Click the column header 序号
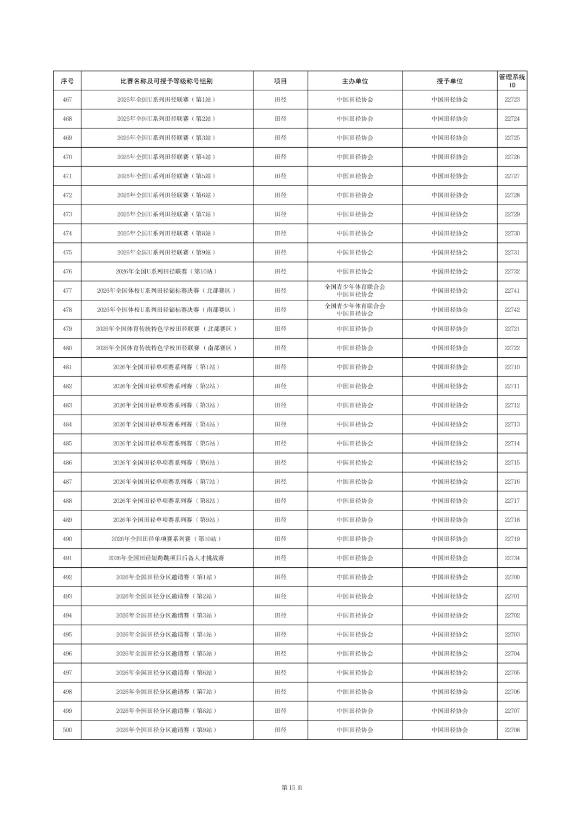click(x=67, y=81)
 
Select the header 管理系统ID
click(x=512, y=81)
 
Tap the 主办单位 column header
click(x=355, y=81)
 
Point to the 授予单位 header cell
click(x=450, y=81)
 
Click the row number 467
click(x=67, y=100)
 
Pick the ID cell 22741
click(x=512, y=291)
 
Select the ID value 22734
click(x=512, y=558)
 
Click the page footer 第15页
click(x=292, y=787)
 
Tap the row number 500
click(x=67, y=730)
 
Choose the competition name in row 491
click(x=166, y=558)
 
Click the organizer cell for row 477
click(x=355, y=291)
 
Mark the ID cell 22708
click(x=512, y=730)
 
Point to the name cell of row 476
click(x=166, y=272)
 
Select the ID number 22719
click(x=512, y=539)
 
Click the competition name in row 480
click(x=166, y=348)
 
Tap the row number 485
click(x=67, y=443)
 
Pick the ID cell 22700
click(x=512, y=577)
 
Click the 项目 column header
click(x=281, y=81)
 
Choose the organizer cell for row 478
click(x=355, y=310)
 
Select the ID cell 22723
click(x=512, y=100)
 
